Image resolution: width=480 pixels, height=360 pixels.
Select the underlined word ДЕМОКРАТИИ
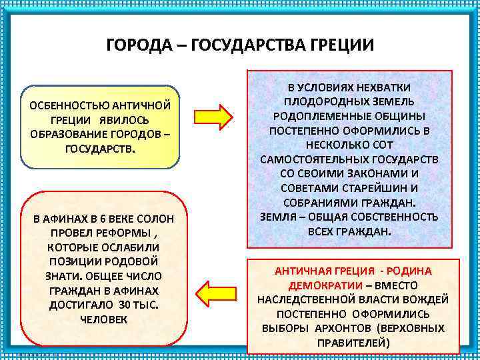(325, 285)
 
